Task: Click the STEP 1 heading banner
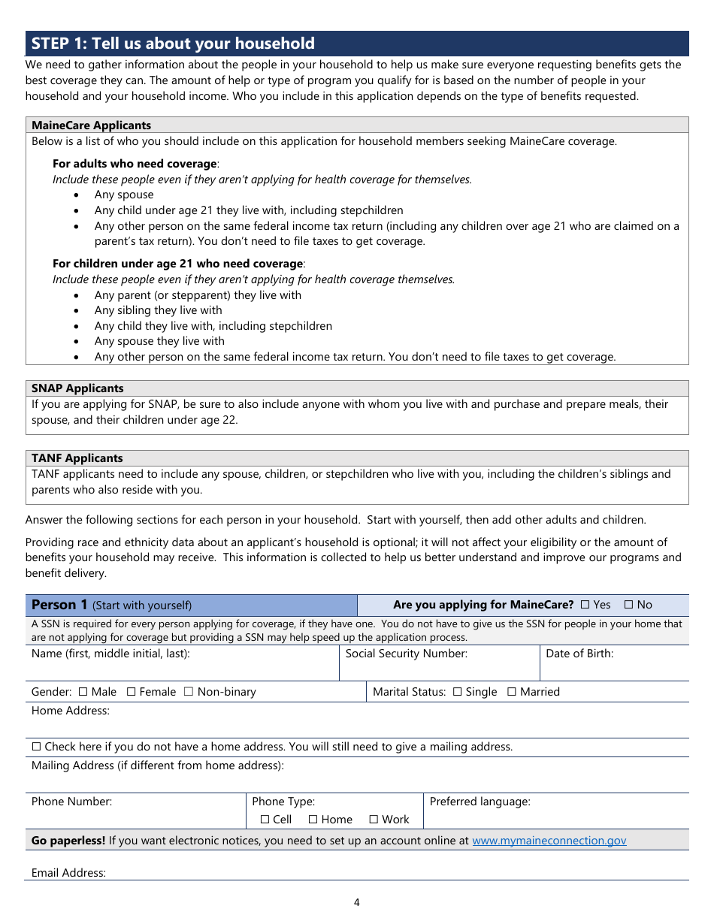click(357, 44)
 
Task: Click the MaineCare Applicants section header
click(91, 125)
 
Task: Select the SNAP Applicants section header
click(77, 388)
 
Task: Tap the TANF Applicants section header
click(77, 458)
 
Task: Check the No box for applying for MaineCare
click(629, 605)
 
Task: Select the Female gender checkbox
click(131, 692)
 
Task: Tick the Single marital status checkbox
click(457, 692)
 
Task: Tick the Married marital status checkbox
click(511, 692)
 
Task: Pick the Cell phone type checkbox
click(265, 820)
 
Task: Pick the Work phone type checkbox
click(374, 820)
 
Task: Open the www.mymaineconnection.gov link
click(549, 841)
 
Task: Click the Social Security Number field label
click(406, 654)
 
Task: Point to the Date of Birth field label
click(579, 654)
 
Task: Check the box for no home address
click(37, 747)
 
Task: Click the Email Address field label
click(68, 873)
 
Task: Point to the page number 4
click(357, 902)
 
